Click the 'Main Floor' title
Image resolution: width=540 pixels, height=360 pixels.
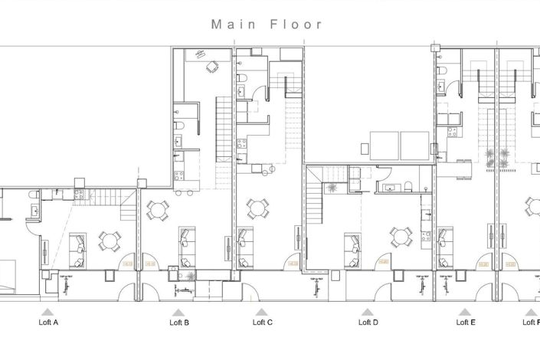(x=267, y=25)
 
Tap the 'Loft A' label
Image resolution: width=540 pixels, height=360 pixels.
(x=48, y=322)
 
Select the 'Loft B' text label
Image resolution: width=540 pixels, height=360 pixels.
(x=178, y=322)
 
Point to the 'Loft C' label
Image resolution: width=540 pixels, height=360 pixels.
(x=262, y=322)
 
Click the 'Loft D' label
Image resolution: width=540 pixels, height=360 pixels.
(x=368, y=322)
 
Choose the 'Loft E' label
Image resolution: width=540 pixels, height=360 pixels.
(x=465, y=322)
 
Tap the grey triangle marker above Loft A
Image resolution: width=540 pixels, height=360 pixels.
(x=48, y=312)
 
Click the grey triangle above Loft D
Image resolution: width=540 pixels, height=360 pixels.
(x=368, y=312)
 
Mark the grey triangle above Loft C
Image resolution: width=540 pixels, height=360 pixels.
(x=262, y=312)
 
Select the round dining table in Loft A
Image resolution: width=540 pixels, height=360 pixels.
(x=110, y=241)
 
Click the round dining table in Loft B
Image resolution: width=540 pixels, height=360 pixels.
(x=159, y=209)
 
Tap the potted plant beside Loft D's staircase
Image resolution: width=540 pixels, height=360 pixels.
(x=332, y=187)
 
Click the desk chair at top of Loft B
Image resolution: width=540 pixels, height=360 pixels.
(x=211, y=67)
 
